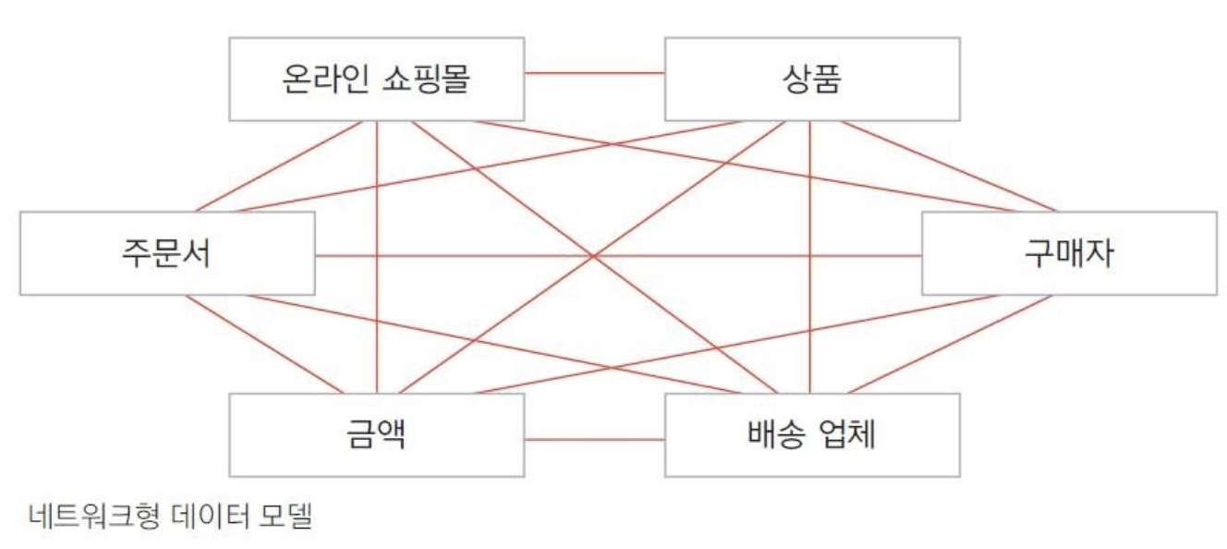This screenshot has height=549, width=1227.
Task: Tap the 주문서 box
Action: point(166,253)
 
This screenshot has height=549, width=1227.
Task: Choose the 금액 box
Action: point(376,434)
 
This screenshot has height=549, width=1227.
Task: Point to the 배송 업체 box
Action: point(811,434)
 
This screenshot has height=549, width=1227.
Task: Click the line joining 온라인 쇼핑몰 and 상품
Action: point(594,72)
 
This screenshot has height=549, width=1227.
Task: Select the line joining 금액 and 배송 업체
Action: point(594,439)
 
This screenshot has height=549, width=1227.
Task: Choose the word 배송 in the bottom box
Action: point(775,434)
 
